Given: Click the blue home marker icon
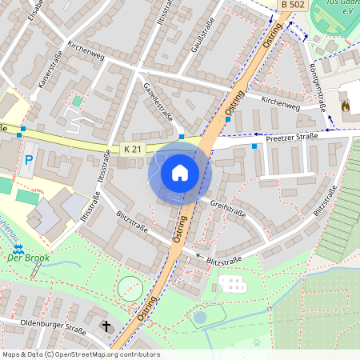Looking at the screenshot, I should pos(179,172).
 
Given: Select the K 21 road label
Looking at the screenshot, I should pos(133,149).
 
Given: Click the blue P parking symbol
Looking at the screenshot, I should pos(29,161).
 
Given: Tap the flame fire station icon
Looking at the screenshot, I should pos(346,105).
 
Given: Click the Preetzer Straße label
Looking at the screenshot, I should pos(292,136).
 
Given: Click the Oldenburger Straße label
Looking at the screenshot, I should pos(54,328).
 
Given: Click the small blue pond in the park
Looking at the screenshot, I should pos(199,318).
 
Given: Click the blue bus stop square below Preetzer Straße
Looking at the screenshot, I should pos(255,146).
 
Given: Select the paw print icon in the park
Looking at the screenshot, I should pos(258,342).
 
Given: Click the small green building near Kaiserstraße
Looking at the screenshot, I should pos(77,102).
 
